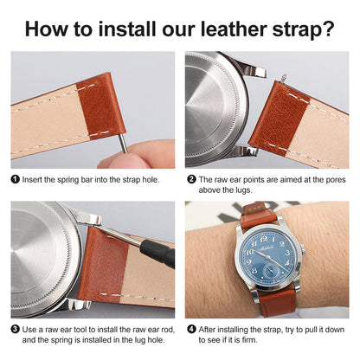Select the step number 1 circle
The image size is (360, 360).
tap(16, 178)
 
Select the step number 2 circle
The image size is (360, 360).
tap(191, 178)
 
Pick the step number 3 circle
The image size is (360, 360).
tap(16, 329)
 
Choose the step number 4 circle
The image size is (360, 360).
tap(191, 329)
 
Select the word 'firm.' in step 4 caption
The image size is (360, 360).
tap(268, 341)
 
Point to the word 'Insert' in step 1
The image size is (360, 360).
tap(35, 178)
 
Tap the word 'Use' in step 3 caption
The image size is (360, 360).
tap(31, 329)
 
